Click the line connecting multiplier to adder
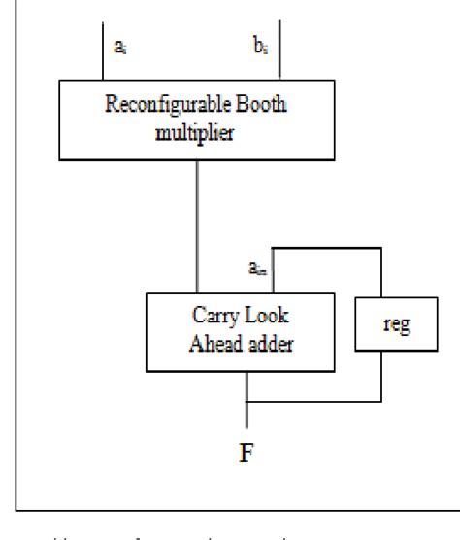pos(199,223)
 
